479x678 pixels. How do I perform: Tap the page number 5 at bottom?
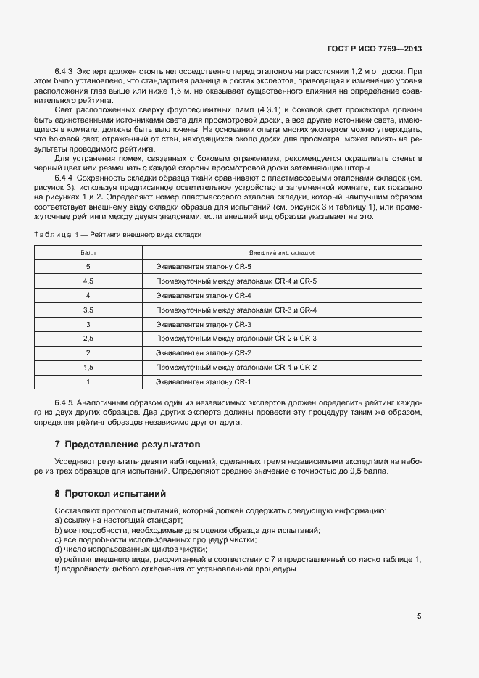point(419,616)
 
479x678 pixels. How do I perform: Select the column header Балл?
point(88,252)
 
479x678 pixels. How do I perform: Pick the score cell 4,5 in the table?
point(88,281)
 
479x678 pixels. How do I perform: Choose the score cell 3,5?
point(88,310)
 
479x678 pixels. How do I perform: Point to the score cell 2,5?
point(88,339)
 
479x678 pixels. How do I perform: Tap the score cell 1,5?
point(88,368)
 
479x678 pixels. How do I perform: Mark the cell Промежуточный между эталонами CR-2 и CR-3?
point(236,339)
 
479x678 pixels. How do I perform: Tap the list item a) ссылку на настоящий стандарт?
point(119,521)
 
